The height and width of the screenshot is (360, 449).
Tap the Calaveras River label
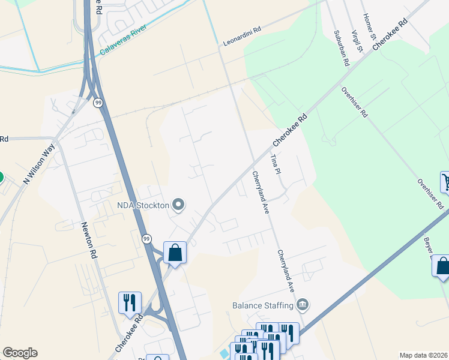[x=123, y=39]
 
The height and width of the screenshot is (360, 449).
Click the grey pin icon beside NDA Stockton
[x=178, y=206]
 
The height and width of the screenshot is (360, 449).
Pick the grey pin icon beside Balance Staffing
[x=303, y=305]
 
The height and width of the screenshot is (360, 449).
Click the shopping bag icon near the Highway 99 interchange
[x=175, y=253]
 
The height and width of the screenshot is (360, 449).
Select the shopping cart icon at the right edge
[x=445, y=181]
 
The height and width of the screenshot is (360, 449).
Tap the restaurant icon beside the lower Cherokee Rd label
[x=130, y=302]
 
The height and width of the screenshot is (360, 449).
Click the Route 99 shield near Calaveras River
[x=98, y=103]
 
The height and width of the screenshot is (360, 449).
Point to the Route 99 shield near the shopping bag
[x=146, y=239]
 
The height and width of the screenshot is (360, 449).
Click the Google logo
[x=20, y=353]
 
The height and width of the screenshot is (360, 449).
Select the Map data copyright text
[x=424, y=355]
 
